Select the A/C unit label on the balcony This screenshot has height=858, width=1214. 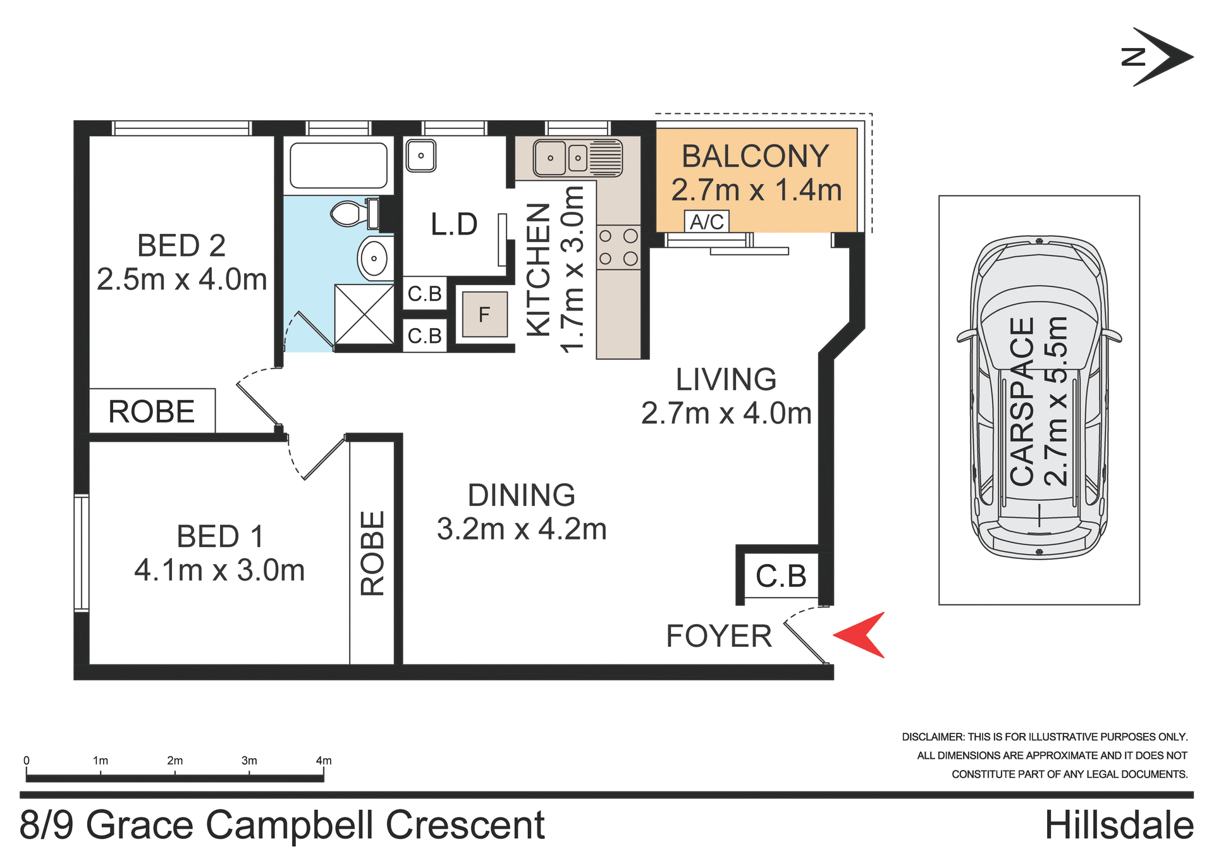click(707, 222)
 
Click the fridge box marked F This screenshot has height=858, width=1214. click(484, 314)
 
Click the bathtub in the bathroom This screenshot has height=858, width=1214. click(339, 166)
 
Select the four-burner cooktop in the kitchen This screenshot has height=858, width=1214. click(618, 247)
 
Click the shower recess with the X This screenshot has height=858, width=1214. click(364, 314)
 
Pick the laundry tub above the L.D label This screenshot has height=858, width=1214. click(420, 156)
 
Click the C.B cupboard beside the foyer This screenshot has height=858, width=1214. click(782, 576)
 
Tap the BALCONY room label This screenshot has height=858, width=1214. click(755, 156)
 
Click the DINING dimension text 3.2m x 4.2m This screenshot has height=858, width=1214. click(522, 529)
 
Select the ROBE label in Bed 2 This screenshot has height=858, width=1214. click(152, 412)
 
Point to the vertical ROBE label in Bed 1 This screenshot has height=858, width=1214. click(372, 553)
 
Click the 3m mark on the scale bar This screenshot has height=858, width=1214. click(249, 761)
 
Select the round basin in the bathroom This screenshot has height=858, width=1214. click(374, 258)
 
